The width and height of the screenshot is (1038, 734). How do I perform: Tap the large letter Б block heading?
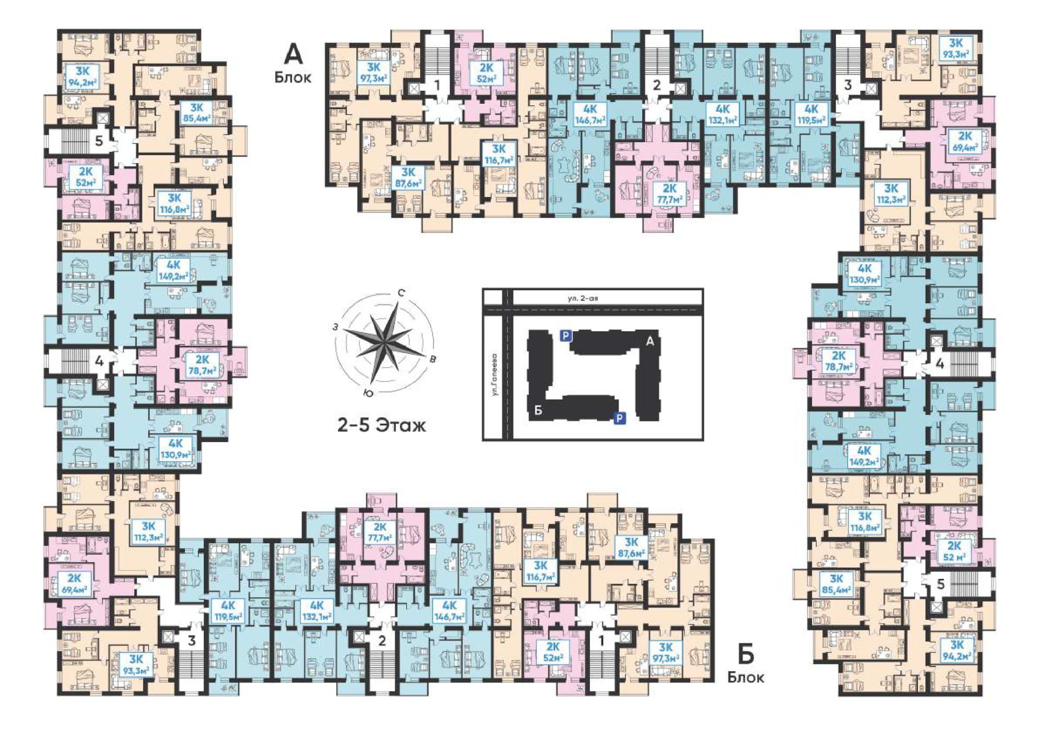pyautogui.click(x=746, y=655)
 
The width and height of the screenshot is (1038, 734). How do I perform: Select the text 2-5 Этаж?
pyautogui.click(x=382, y=425)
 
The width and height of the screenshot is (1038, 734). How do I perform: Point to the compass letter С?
pyautogui.click(x=402, y=293)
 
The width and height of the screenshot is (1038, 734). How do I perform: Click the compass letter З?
pyautogui.click(x=336, y=327)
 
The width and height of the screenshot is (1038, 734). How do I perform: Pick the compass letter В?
pyautogui.click(x=432, y=359)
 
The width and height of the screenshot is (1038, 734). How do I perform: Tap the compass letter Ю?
pyautogui.click(x=369, y=392)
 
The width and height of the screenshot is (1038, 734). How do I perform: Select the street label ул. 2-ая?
pyautogui.click(x=583, y=298)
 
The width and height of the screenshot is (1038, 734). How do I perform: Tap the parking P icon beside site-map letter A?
pyautogui.click(x=565, y=336)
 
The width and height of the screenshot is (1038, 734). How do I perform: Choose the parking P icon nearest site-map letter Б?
pyautogui.click(x=620, y=418)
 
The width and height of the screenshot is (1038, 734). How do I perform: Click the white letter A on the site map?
pyautogui.click(x=650, y=341)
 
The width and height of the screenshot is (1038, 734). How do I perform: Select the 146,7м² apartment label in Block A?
pyautogui.click(x=591, y=115)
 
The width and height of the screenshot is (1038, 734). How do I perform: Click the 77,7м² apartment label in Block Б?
pyautogui.click(x=380, y=532)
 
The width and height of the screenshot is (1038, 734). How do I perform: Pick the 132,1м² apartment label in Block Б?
pyautogui.click(x=317, y=611)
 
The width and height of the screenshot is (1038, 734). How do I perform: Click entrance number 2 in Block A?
pyautogui.click(x=657, y=84)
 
